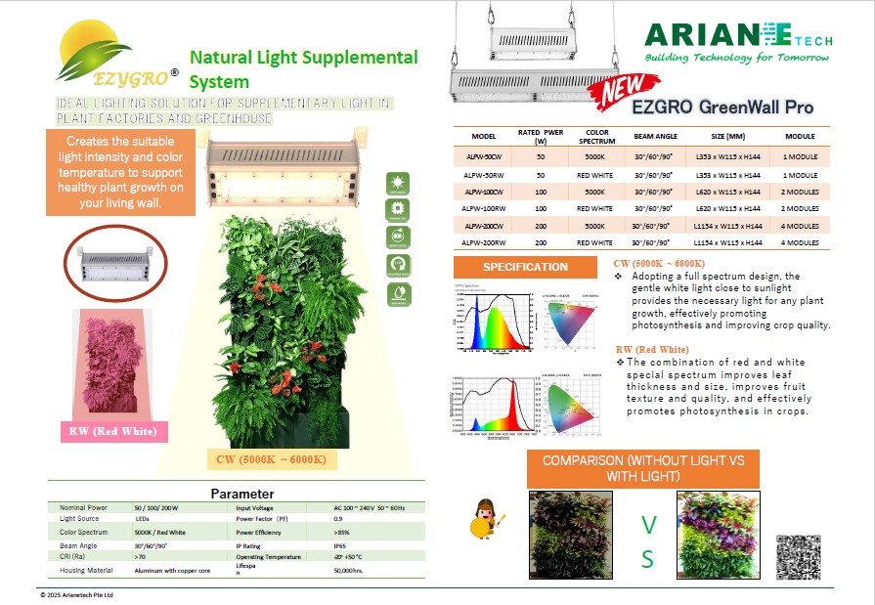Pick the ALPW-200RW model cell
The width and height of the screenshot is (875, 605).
point(485,242)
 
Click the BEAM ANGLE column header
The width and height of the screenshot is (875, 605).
point(655,137)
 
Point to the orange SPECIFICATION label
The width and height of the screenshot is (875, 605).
point(525,267)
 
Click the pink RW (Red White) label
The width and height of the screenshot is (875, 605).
point(115,431)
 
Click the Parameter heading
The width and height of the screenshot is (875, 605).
point(242,494)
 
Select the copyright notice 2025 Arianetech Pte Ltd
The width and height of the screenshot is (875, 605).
point(77,594)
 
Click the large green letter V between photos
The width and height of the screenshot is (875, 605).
point(647,526)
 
